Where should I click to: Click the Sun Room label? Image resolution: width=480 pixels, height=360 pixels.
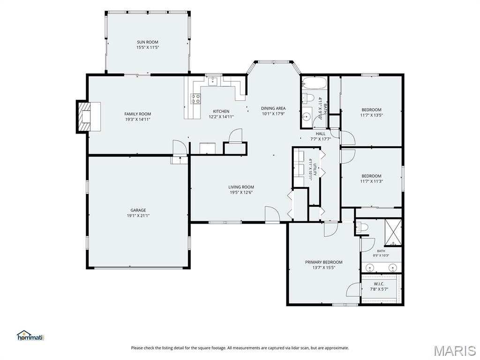pyautogui.click(x=148, y=42)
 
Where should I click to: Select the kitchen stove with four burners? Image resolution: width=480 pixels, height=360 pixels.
pyautogui.click(x=195, y=98)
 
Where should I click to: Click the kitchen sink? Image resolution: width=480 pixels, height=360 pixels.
pyautogui.click(x=212, y=81)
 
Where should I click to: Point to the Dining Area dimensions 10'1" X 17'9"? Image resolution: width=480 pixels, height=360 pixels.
pyautogui.click(x=273, y=114)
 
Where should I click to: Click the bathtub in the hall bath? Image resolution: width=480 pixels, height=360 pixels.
pyautogui.click(x=314, y=82)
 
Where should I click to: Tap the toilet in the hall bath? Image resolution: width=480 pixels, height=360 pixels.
pyautogui.click(x=308, y=98)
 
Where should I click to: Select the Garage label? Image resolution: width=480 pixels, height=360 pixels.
pyautogui.click(x=138, y=210)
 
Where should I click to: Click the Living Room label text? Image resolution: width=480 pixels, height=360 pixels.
pyautogui.click(x=241, y=187)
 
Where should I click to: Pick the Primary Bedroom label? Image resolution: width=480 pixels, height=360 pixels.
pyautogui.click(x=324, y=262)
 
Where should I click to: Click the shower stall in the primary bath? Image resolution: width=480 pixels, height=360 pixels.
pyautogui.click(x=393, y=233)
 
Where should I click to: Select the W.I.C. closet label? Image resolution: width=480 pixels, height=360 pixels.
pyautogui.click(x=379, y=284)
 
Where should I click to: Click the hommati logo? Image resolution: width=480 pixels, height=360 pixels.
pyautogui.click(x=30, y=336)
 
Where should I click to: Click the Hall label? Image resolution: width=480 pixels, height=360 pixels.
pyautogui.click(x=321, y=134)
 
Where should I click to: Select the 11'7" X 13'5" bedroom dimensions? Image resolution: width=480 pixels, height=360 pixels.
pyautogui.click(x=372, y=115)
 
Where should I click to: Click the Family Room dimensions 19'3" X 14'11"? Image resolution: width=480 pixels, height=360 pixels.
pyautogui.click(x=138, y=120)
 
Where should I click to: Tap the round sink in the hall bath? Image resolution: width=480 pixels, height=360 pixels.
pyautogui.click(x=306, y=117)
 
